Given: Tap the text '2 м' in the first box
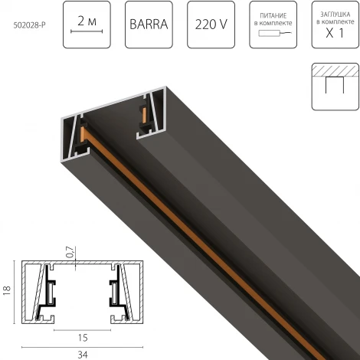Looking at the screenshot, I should pyautogui.click(x=88, y=17).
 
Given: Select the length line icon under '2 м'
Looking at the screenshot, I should pyautogui.click(x=88, y=33).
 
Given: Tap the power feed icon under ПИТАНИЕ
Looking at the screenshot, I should pyautogui.click(x=269, y=36).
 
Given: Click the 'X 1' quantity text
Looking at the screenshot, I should pyautogui.click(x=332, y=34).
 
